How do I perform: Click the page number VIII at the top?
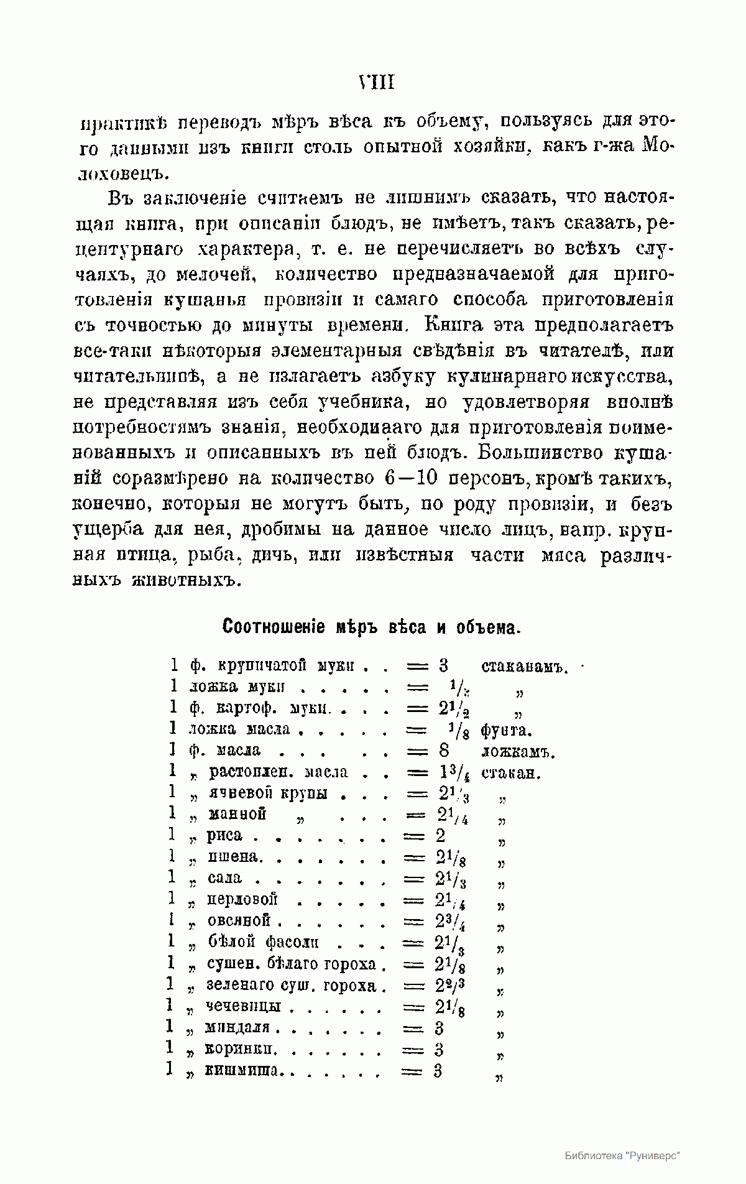377,83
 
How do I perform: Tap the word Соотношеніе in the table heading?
274,627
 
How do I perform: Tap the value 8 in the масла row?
443,751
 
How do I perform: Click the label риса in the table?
224,835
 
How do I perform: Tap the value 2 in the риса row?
440,835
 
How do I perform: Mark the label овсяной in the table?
239,920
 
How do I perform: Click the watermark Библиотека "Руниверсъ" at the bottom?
622,1155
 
